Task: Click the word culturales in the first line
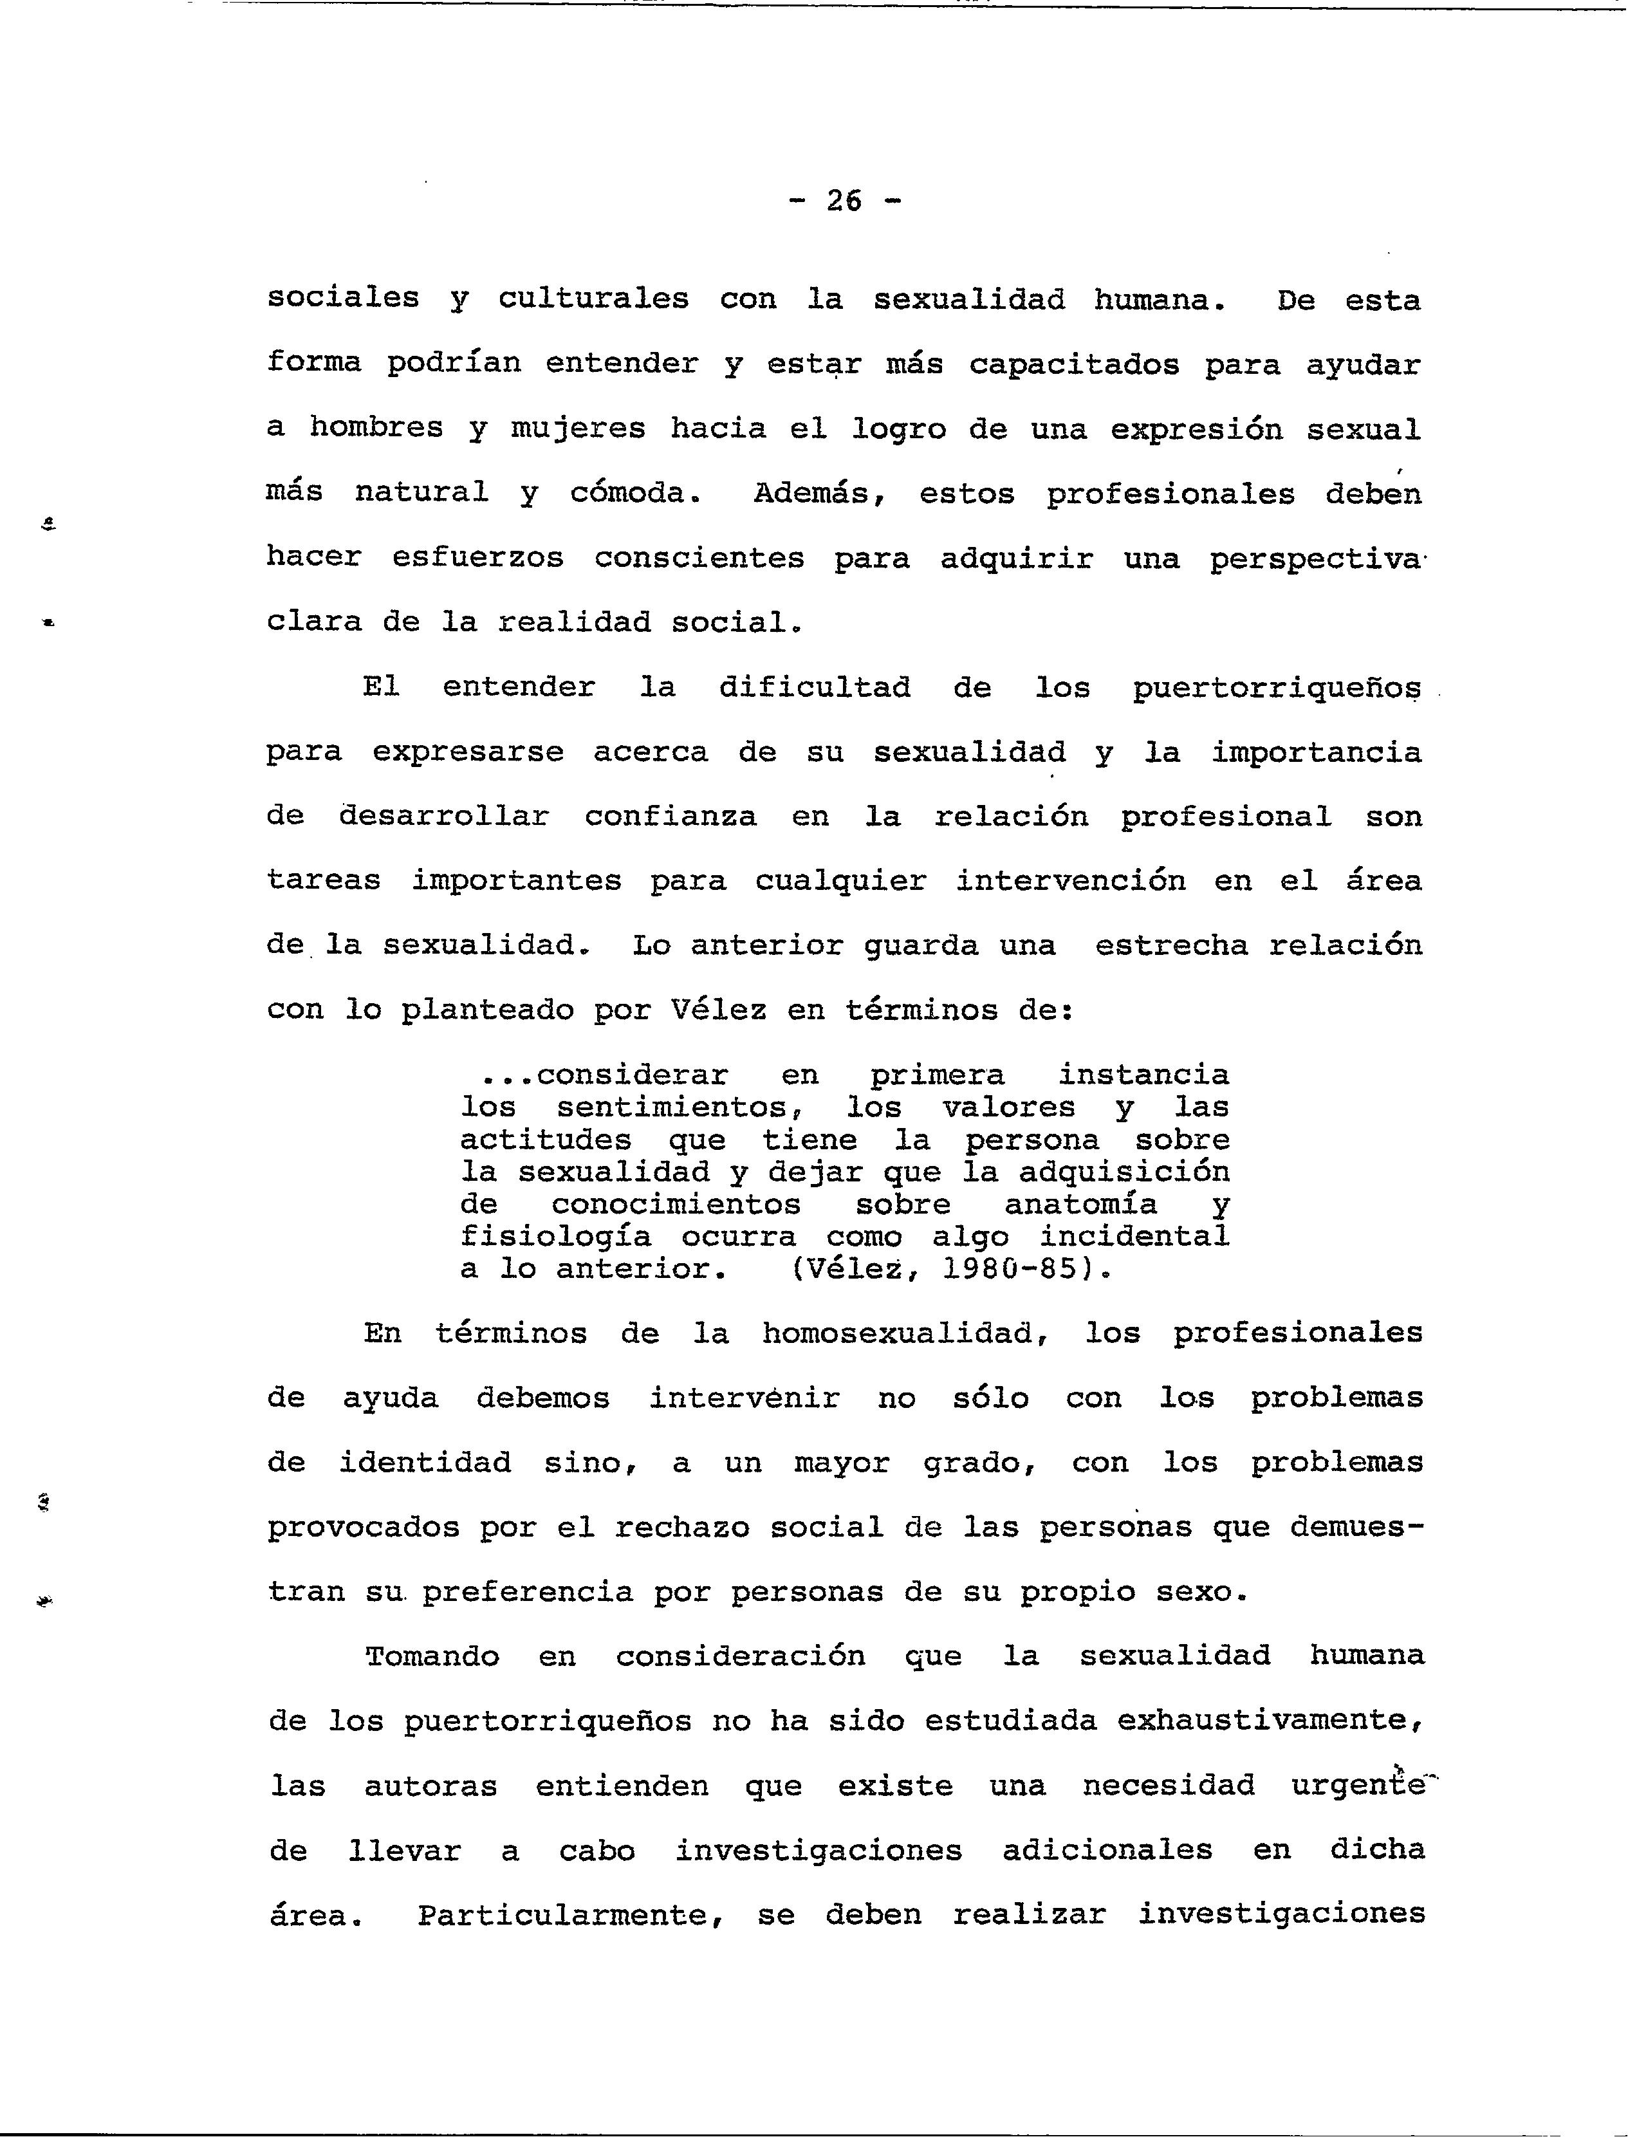pyautogui.click(x=593, y=299)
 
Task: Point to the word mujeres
pyautogui.click(x=578, y=429)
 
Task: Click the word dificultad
pyautogui.click(x=814, y=688)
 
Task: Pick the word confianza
pyautogui.click(x=671, y=817)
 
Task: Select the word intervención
pyautogui.click(x=1071, y=881)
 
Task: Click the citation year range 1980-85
pyautogui.click(x=1011, y=1270)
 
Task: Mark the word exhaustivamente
pyautogui.click(x=1270, y=1721)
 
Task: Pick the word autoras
pyautogui.click(x=431, y=1786)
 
